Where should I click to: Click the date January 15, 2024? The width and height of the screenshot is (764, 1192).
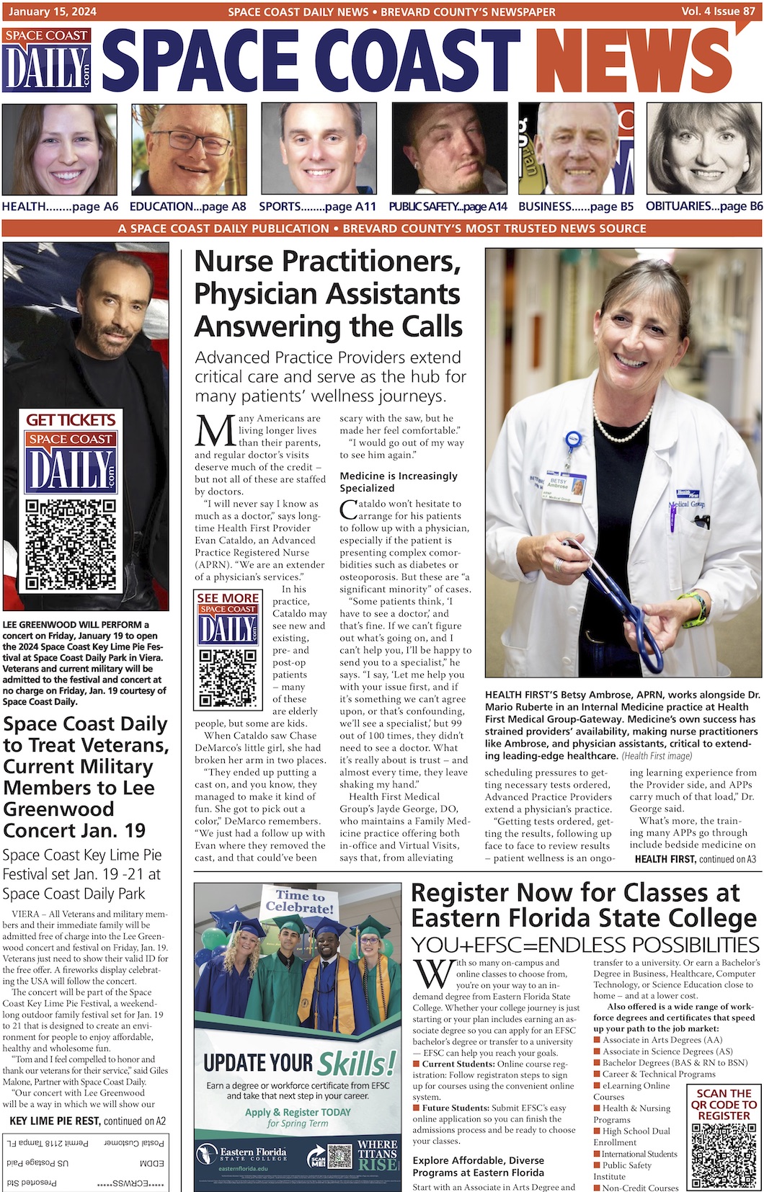[50, 12]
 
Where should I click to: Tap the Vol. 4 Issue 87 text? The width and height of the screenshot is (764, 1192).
[717, 12]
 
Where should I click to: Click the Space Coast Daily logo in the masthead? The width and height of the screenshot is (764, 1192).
[48, 61]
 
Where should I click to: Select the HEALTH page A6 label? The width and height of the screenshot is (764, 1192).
[60, 206]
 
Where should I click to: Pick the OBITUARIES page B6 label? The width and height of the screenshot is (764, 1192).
[703, 206]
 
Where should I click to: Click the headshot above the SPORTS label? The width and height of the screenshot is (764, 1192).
[319, 148]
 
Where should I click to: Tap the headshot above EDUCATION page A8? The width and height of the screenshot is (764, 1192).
[189, 148]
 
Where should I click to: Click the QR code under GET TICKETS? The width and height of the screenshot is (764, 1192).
[70, 544]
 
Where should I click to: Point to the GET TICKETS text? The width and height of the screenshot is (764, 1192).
[71, 419]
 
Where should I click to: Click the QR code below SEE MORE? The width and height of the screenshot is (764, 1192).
[228, 677]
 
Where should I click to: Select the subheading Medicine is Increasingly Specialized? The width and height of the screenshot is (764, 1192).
[399, 481]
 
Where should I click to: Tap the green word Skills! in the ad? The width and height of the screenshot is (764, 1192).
[357, 1063]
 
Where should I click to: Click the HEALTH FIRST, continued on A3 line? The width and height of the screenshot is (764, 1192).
[695, 859]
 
